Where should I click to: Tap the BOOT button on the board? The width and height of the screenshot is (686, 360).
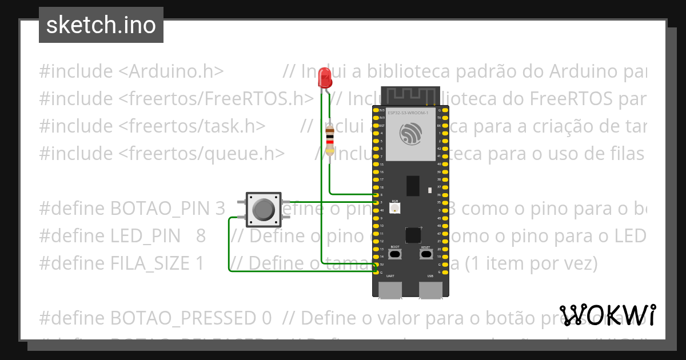point(395,253)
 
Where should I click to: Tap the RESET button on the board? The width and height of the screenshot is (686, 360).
point(425,253)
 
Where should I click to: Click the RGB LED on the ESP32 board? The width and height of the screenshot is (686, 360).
point(394,209)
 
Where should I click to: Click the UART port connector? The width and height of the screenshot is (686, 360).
point(390,291)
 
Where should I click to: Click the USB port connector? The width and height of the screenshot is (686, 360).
point(430,291)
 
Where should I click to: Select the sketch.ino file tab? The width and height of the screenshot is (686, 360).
point(101,25)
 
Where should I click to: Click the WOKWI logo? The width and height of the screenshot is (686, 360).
point(608,315)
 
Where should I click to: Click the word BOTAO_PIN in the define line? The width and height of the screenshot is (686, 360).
point(162,209)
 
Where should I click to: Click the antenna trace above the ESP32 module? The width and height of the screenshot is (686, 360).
point(410,94)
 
